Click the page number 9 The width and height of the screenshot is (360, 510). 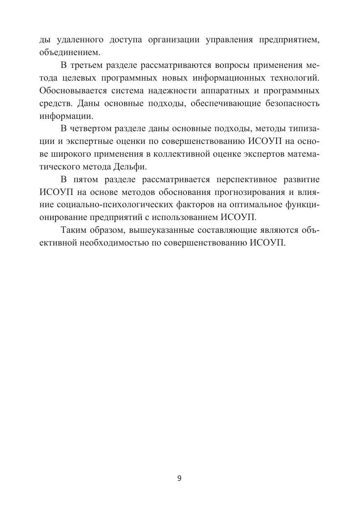pos(180,478)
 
